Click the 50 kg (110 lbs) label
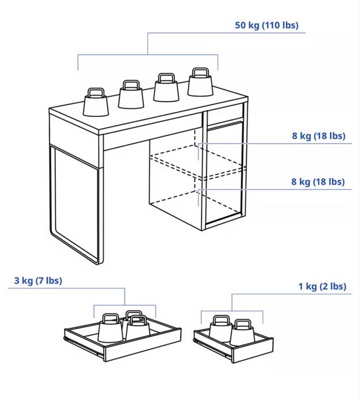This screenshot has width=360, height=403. point(267,25)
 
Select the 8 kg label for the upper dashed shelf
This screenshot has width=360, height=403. point(318,135)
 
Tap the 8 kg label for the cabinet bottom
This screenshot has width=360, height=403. point(318,182)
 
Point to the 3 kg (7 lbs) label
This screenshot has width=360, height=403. point(38,280)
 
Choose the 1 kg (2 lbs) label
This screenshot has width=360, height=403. point(322,287)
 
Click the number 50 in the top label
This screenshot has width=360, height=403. point(241,25)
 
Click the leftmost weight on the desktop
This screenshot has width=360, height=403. point(96,102)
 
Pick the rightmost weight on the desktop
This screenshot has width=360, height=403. point(200,82)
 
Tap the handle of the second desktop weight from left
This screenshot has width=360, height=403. point(131,85)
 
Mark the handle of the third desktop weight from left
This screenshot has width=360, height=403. point(166,78)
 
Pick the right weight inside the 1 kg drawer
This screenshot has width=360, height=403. point(242,333)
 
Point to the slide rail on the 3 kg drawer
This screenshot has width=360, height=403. point(84,346)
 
